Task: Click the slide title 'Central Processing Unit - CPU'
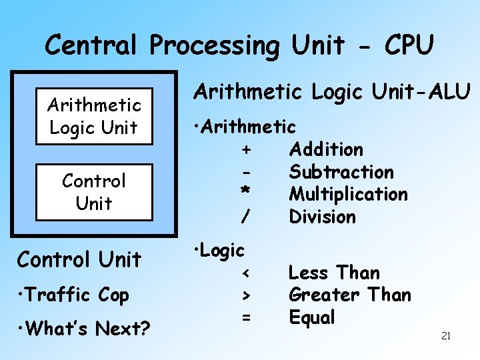pos(239,45)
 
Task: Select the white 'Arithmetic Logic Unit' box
pos(94,116)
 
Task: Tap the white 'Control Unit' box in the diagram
pos(94,192)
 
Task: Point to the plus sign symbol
pos(246,149)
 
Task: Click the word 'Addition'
pos(326,149)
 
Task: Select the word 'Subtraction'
pos(341,172)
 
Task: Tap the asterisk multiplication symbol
pos(245,192)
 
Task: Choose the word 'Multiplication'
pos(348,194)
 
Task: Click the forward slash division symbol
pos(246,217)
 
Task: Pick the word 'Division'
pos(322,217)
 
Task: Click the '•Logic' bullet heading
pos(219,250)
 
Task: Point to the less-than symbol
pos(246,273)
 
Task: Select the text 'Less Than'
pos(333,273)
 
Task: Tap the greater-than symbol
pos(246,295)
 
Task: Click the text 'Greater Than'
pos(349,295)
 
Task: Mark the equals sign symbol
pos(246,318)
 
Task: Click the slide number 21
pos(446,336)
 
